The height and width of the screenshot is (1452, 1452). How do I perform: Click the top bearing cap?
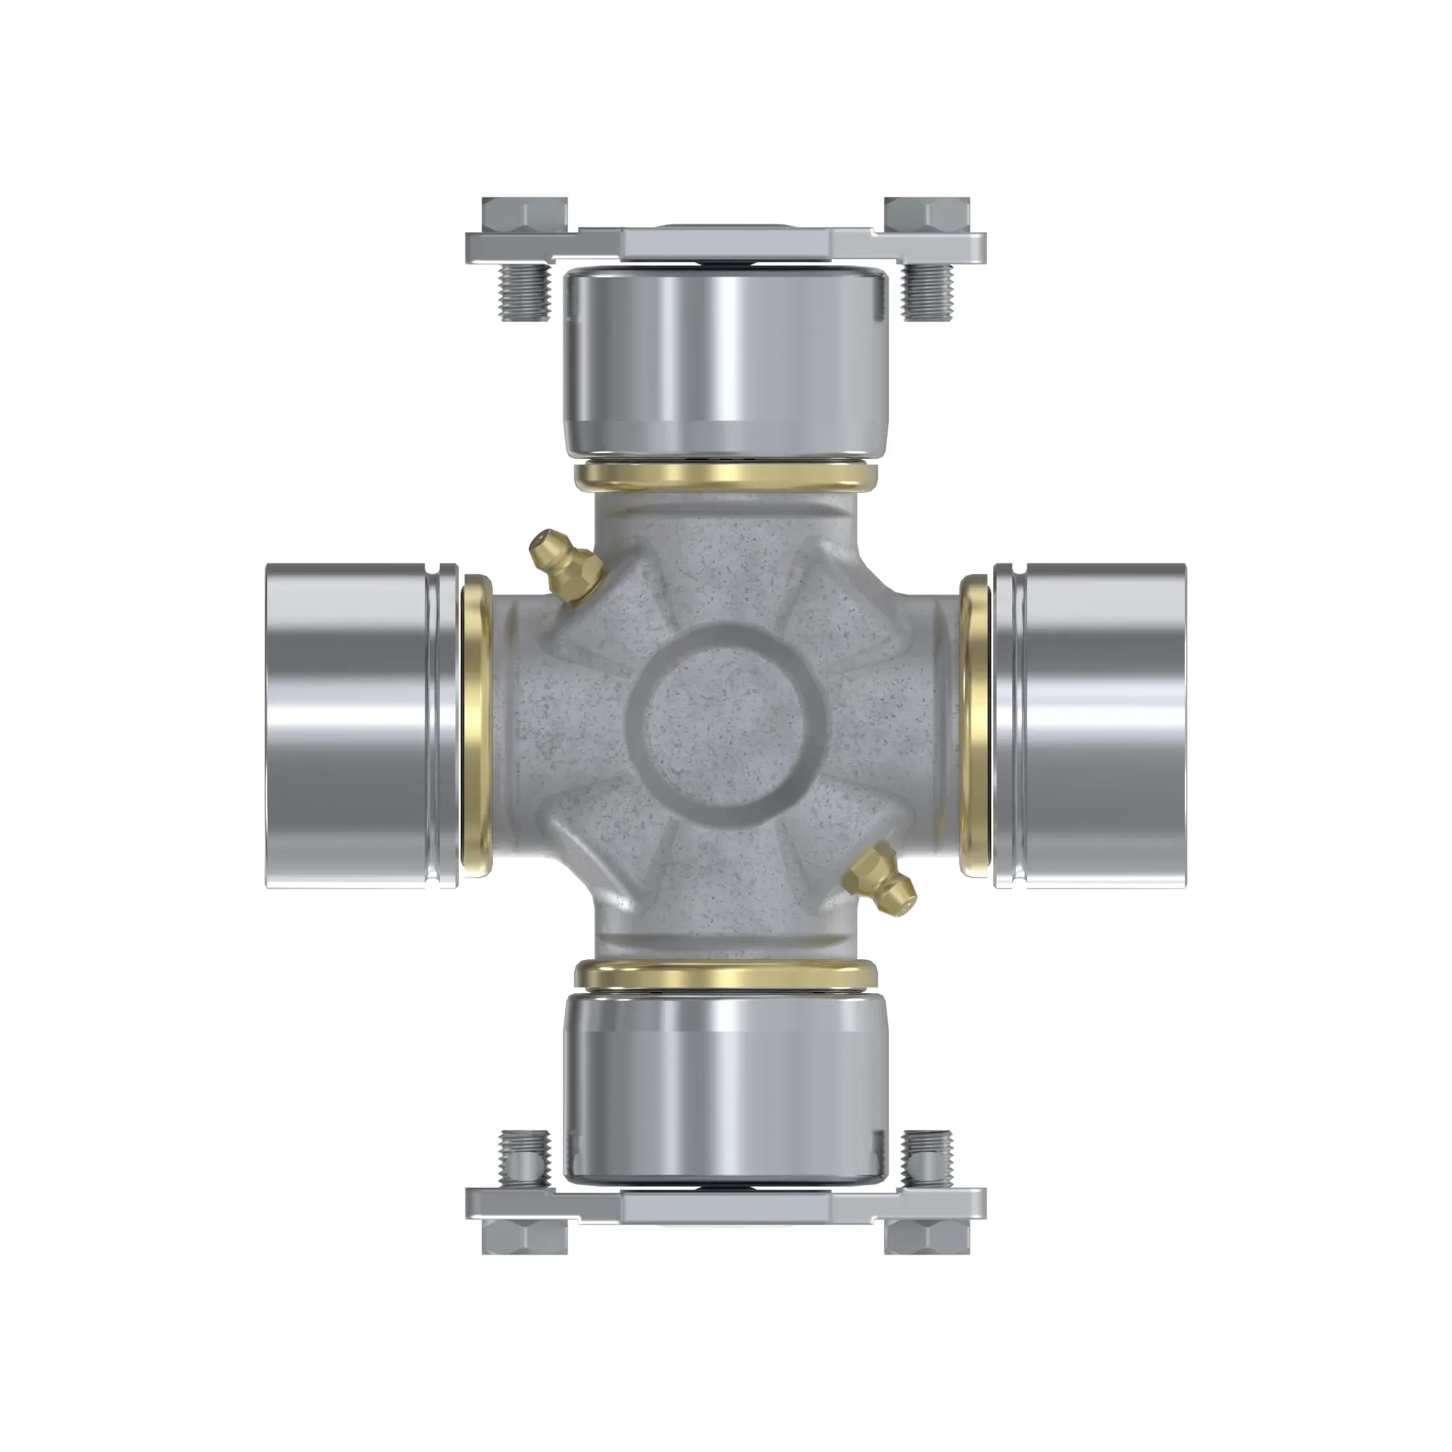pyautogui.click(x=725, y=361)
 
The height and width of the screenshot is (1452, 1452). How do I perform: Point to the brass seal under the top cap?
pyautogui.click(x=725, y=475)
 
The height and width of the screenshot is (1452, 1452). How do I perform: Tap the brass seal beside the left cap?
pyautogui.click(x=475, y=726)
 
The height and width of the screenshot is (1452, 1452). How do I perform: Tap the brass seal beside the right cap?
pyautogui.click(x=976, y=726)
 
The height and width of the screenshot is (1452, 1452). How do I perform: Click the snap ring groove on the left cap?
pyautogui.click(x=433, y=726)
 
